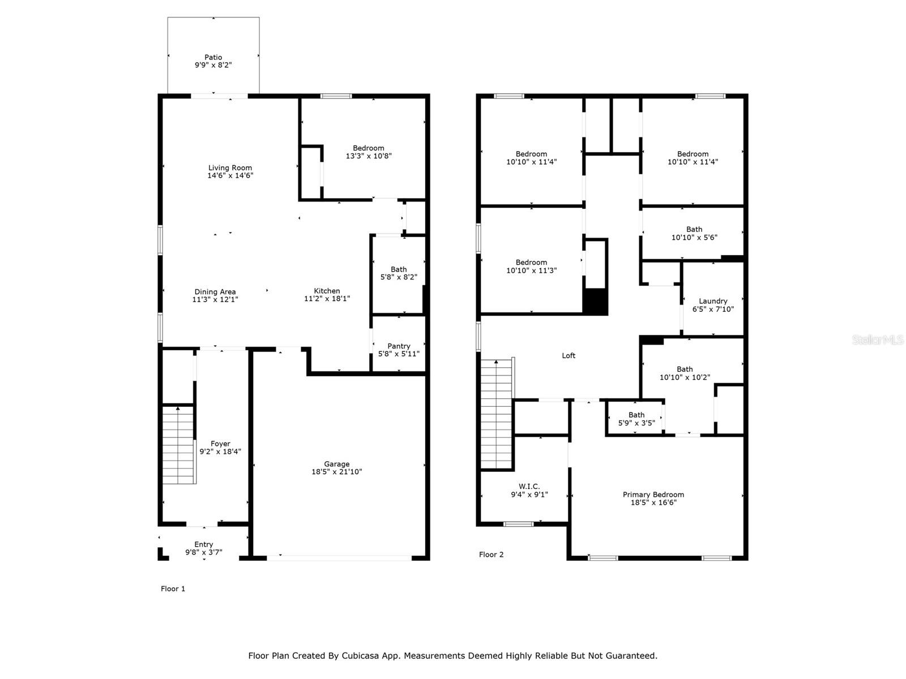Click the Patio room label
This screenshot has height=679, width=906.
click(x=213, y=57)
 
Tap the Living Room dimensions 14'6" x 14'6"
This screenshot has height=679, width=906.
click(x=230, y=175)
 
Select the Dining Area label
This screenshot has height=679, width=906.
click(x=215, y=292)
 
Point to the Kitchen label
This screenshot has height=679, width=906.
click(x=327, y=291)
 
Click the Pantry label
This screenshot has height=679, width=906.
click(x=399, y=346)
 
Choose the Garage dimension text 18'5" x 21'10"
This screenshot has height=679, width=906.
click(x=336, y=472)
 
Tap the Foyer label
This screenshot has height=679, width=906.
click(x=220, y=444)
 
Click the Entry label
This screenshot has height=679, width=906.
click(x=203, y=544)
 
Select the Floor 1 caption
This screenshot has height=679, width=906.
click(x=173, y=588)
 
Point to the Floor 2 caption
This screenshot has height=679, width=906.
click(x=491, y=555)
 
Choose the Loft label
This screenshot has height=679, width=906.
click(x=569, y=356)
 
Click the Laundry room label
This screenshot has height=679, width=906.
click(x=713, y=302)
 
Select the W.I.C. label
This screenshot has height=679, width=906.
click(x=529, y=487)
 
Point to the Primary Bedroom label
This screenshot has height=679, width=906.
click(x=653, y=495)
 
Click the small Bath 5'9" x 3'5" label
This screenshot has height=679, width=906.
click(x=636, y=415)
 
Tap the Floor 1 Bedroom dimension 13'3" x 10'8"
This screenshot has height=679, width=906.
click(x=369, y=156)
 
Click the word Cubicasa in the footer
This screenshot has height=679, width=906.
click(x=360, y=655)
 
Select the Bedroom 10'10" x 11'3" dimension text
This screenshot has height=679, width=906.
click(x=531, y=270)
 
